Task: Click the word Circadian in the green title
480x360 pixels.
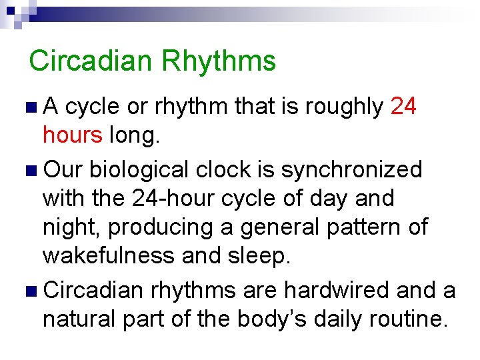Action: click(91, 61)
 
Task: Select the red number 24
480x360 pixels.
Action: click(403, 106)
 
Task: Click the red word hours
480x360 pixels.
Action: click(72, 135)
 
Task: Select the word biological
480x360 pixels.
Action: click(141, 169)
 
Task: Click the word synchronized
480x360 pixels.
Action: click(351, 169)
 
